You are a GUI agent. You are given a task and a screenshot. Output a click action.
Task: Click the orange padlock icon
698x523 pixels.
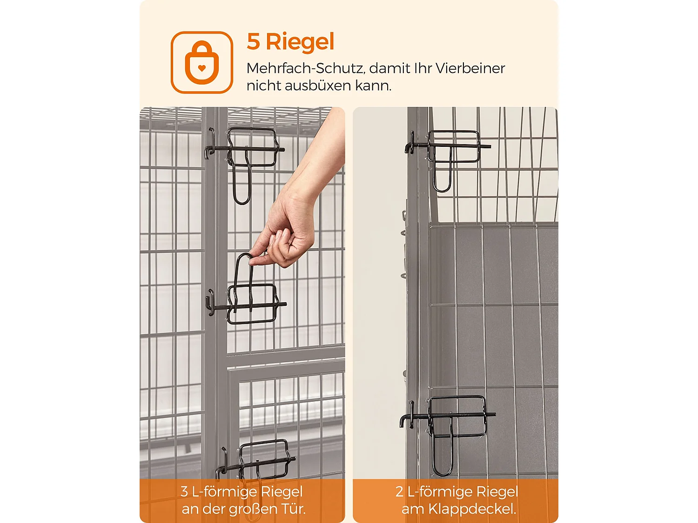201,63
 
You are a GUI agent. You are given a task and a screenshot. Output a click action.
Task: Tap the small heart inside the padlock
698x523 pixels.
201,68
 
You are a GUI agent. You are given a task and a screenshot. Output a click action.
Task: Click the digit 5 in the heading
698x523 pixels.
253,41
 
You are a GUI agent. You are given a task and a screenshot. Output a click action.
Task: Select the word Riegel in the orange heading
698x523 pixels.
300,42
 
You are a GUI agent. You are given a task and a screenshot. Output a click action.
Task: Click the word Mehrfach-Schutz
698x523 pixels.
305,69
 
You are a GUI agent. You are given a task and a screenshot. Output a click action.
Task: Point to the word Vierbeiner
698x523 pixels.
470,68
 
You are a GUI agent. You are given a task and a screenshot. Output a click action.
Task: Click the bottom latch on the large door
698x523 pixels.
255,460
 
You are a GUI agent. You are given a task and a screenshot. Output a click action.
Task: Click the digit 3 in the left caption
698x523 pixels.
184,491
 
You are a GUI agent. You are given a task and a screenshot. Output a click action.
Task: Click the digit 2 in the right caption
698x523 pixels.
399,491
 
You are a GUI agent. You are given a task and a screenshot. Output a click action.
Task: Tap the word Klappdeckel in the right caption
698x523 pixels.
472,510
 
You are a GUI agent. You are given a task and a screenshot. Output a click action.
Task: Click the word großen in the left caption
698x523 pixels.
248,510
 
